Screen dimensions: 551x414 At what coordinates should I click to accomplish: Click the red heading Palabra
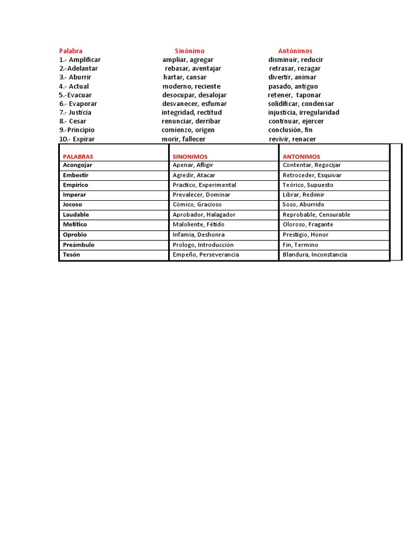coord(71,51)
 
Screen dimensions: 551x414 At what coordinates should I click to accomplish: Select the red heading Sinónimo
coord(189,51)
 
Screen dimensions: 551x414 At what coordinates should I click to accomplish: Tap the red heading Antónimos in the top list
coord(295,51)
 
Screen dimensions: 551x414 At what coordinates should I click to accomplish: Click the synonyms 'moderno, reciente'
coord(191,86)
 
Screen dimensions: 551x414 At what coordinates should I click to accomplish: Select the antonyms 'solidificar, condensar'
coord(301,104)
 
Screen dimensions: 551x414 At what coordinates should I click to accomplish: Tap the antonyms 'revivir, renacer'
coord(292,139)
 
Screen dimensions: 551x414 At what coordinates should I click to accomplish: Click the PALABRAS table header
coord(78,157)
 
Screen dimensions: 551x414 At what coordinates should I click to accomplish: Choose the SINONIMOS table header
coord(190,157)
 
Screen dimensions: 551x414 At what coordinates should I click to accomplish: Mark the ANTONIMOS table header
coord(301,157)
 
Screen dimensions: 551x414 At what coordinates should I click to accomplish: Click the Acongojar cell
coord(78,165)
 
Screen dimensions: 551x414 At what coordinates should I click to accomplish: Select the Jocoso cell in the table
coord(72,204)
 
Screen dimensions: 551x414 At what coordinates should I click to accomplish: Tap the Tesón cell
coord(71,255)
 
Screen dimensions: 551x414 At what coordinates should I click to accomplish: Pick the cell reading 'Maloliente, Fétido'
coord(198,224)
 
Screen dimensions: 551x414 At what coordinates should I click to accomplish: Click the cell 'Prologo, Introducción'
coord(203,245)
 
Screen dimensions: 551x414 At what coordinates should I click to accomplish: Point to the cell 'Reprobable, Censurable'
coord(316,215)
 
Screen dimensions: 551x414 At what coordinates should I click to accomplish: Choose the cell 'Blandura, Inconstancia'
coord(314,255)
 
